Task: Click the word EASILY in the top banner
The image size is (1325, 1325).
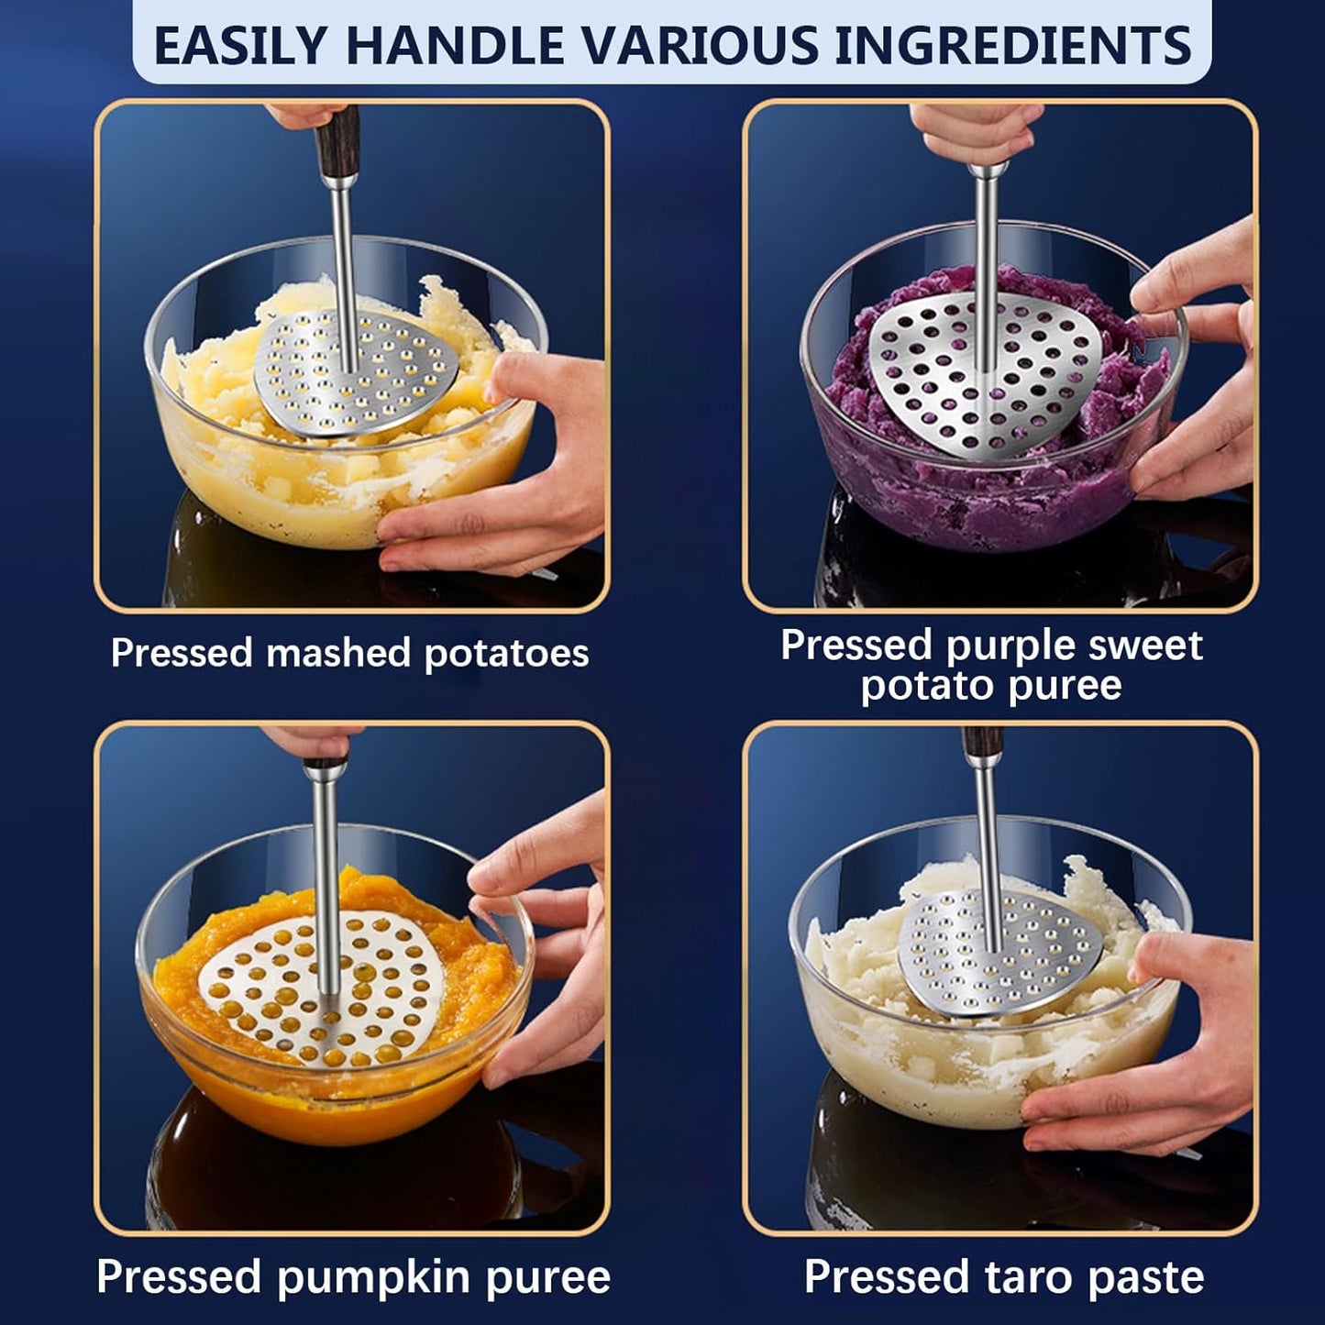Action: (240, 45)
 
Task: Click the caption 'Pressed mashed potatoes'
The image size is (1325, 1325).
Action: (349, 653)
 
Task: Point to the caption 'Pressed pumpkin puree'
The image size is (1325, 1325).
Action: (353, 1276)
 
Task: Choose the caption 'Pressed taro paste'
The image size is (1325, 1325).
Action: (1004, 1276)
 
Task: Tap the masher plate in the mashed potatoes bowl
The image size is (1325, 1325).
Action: (358, 376)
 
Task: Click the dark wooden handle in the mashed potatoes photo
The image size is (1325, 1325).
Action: (337, 138)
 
